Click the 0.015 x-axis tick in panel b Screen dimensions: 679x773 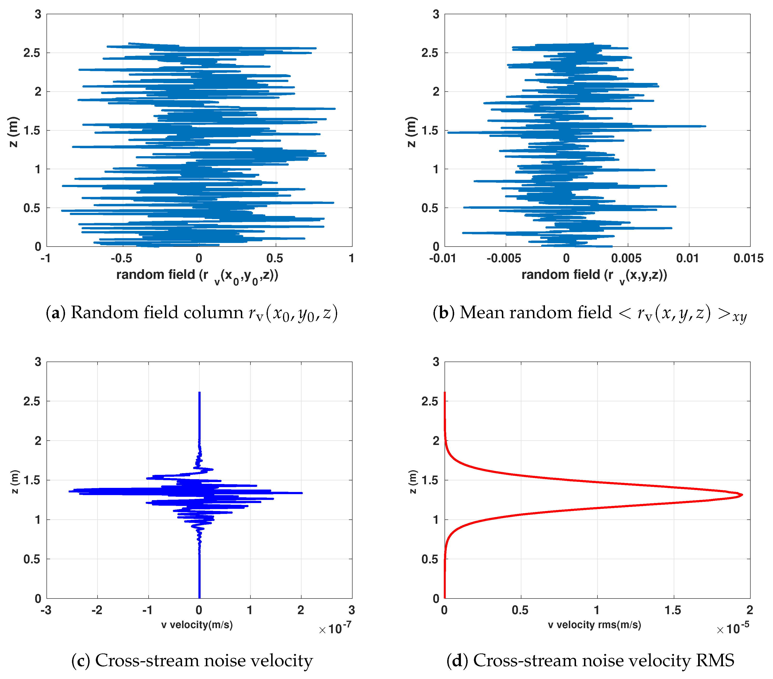(x=748, y=258)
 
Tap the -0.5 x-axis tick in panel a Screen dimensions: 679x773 (x=121, y=258)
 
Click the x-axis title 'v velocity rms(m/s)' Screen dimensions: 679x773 (x=595, y=625)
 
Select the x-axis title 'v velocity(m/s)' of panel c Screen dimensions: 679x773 (x=197, y=625)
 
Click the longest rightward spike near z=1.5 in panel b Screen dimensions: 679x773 (x=704, y=126)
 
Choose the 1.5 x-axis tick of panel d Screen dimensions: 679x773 (x=673, y=610)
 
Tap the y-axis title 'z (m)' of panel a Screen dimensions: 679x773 (x=14, y=131)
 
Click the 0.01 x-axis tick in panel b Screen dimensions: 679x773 (x=688, y=258)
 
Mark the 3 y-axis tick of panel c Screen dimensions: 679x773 (x=38, y=362)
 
